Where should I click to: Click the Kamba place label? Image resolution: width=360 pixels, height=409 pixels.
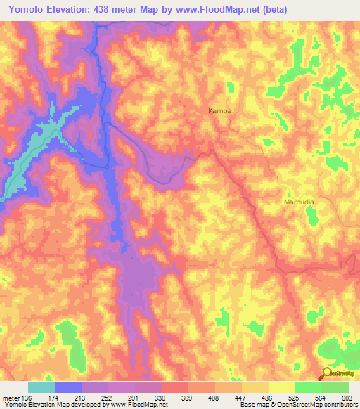coord(219,111)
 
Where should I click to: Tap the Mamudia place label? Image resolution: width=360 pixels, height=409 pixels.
coord(298,202)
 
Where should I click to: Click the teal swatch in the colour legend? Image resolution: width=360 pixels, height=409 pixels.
coord(41,388)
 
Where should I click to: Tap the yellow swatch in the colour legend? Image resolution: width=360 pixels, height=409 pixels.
coord(281,388)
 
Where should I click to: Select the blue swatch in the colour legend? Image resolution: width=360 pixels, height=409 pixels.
coord(67,388)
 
